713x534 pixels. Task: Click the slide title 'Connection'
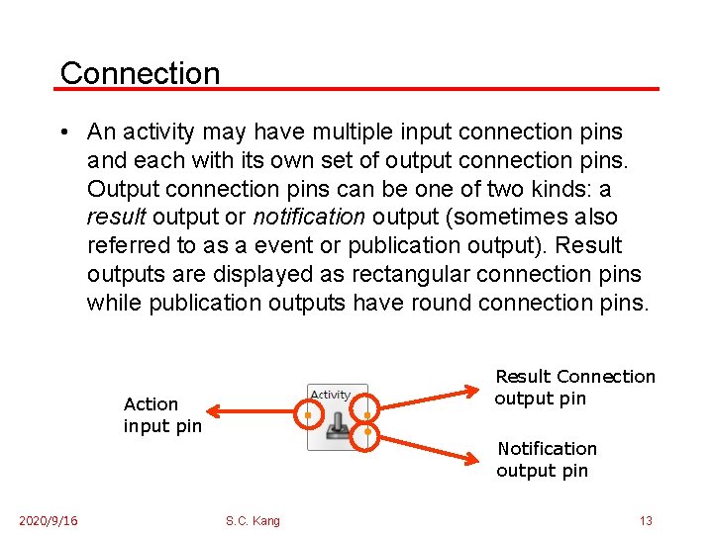[x=140, y=72]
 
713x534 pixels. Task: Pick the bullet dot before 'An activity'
[x=62, y=133]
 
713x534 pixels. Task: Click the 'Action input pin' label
[x=162, y=415]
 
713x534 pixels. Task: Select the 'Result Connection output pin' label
[x=574, y=388]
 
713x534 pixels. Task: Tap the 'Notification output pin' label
[x=546, y=460]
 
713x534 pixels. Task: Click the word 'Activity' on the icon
[x=331, y=396]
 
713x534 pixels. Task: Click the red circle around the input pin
[x=308, y=415]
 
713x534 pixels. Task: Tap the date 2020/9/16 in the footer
[x=49, y=521]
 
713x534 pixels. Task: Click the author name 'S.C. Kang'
[x=253, y=521]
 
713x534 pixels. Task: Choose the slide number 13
[x=646, y=521]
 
